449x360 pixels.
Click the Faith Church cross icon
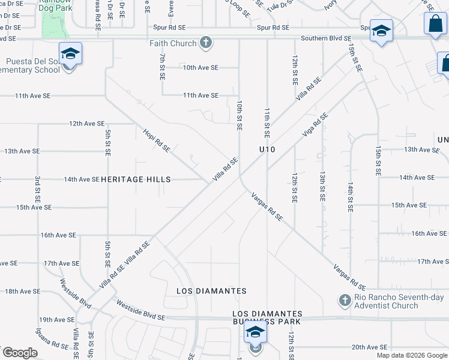tap(206, 43)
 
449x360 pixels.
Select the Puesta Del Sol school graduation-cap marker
tap(70, 55)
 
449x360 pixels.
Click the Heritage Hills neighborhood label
tap(136, 179)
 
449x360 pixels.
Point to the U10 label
tap(267, 149)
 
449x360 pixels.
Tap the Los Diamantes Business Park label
tap(267, 318)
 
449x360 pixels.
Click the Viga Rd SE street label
tap(315, 124)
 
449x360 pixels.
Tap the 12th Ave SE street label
tap(86, 124)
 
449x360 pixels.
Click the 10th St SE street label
tap(239, 116)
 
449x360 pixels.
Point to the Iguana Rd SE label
tap(52, 346)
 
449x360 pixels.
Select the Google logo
tap(20, 353)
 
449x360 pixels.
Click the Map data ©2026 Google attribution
tap(412, 355)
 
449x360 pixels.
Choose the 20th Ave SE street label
tap(370, 347)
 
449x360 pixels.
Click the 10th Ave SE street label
tap(200, 67)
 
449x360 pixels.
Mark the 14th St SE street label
tap(350, 198)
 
